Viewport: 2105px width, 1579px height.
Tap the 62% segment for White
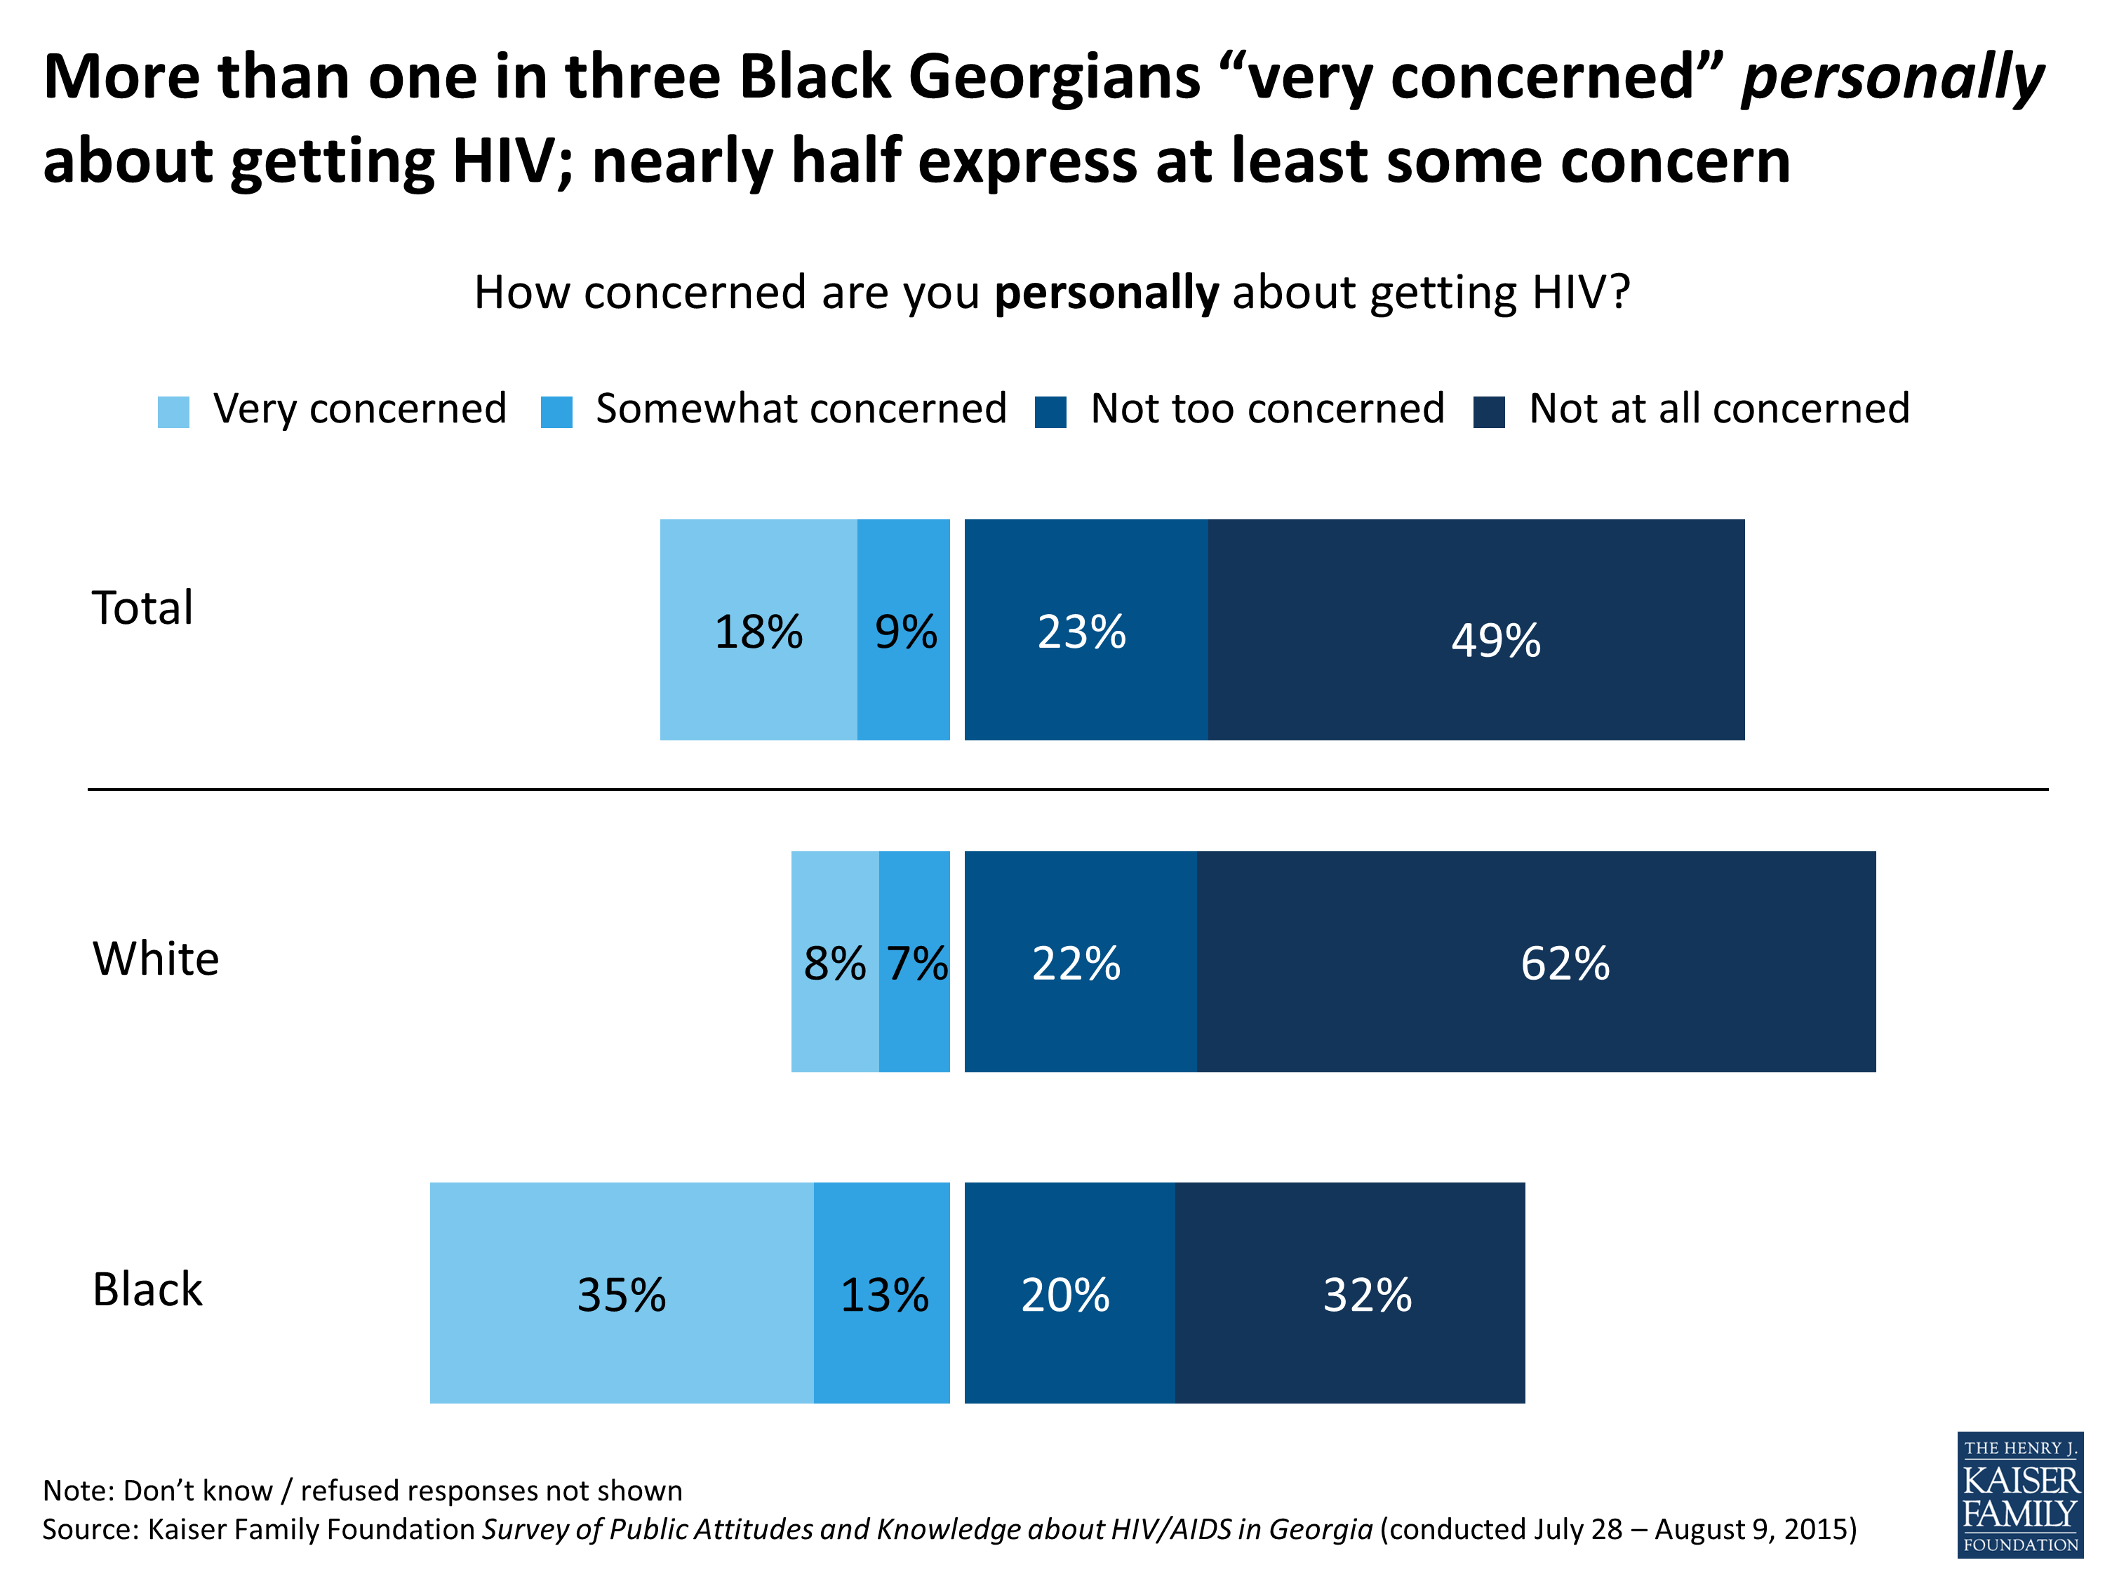click(1535, 961)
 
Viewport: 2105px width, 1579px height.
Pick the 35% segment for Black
click(622, 1293)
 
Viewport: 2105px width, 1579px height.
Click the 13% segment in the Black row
click(881, 1293)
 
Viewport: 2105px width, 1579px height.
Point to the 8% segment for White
click(834, 961)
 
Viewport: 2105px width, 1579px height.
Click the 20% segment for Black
click(1069, 1293)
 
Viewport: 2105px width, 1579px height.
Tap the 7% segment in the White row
click(914, 961)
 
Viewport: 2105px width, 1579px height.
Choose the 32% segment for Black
click(1349, 1293)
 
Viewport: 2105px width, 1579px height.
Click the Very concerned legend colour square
click(173, 412)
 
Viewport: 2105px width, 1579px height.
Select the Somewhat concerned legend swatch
click(556, 412)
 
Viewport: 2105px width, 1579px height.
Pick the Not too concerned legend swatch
click(1050, 412)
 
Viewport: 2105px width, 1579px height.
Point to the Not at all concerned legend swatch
click(1490, 412)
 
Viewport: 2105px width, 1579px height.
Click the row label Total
click(142, 608)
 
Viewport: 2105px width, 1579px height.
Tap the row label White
click(156, 959)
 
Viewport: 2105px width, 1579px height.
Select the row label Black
click(147, 1290)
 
